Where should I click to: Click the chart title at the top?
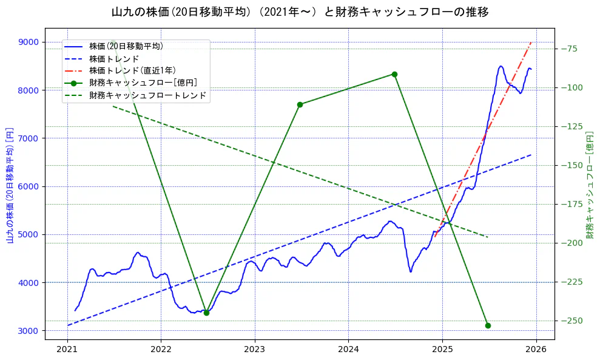pos(300,12)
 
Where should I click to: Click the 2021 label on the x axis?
pos(67,350)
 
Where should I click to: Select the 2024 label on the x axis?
pos(348,350)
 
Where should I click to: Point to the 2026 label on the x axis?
pos(536,350)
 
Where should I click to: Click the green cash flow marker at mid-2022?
pos(206,313)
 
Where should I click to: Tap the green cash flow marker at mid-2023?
pos(300,104)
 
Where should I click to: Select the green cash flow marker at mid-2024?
pos(394,74)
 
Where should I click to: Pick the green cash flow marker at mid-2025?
pos(488,325)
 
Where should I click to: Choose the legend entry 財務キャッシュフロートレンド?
pos(147,95)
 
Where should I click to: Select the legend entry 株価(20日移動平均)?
pos(126,46)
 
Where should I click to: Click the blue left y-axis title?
pos(9,185)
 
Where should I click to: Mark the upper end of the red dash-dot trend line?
pos(531,42)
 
